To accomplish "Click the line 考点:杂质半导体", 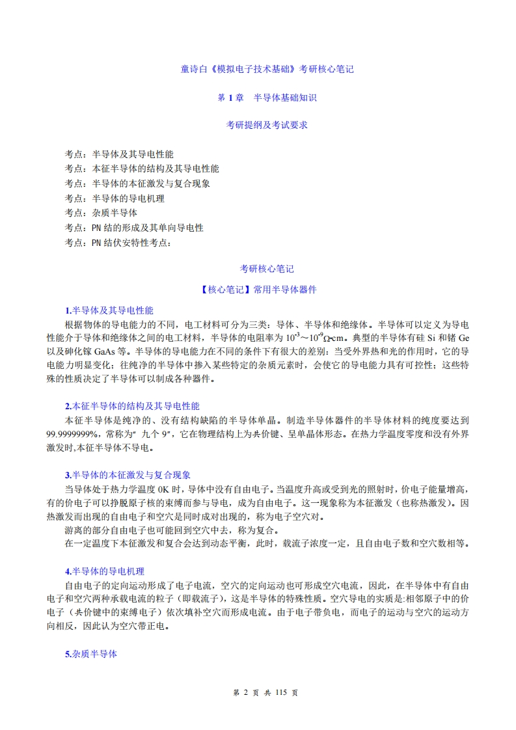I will [101, 213].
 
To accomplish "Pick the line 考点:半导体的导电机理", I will [115, 198].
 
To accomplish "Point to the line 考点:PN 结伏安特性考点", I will [118, 243].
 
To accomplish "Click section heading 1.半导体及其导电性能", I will [109, 310].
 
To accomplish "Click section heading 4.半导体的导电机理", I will [104, 571].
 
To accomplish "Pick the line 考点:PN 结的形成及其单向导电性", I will [134, 228].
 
